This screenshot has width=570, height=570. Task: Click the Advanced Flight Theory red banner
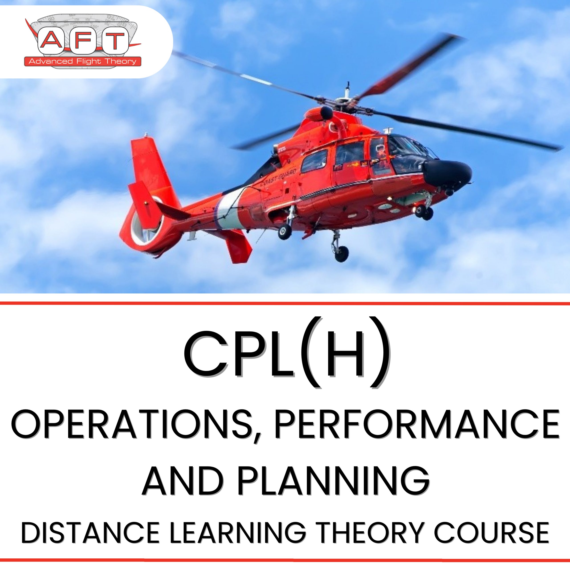[x=83, y=61]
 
